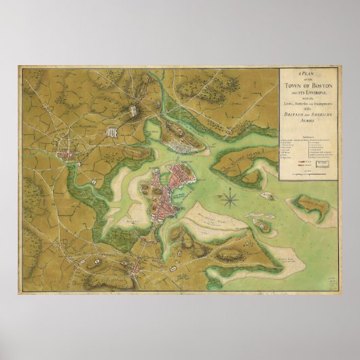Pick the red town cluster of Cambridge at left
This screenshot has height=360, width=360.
69,156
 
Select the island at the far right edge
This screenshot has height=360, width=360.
313,209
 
